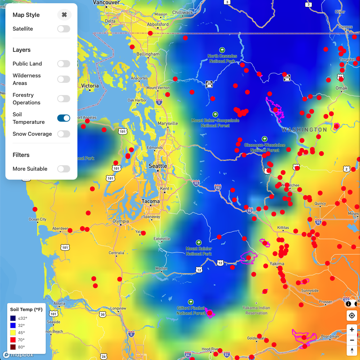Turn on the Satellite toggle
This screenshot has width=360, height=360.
pos(64,29)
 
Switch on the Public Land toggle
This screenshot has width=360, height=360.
pos(64,64)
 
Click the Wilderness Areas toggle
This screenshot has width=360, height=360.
pos(64,79)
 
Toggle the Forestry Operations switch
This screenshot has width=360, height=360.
pos(64,99)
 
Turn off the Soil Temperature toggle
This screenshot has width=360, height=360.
pos(64,118)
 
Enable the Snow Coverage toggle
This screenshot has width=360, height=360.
pos(64,134)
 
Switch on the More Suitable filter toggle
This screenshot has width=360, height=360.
pos(64,169)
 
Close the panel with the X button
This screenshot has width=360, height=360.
pos(64,15)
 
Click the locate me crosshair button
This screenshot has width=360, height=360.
pos(352,316)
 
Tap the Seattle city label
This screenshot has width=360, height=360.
pos(158,166)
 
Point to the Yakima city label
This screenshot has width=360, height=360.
pos(277,264)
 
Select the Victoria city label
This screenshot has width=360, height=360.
pos(90,86)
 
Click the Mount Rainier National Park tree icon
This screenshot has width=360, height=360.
pos(199,243)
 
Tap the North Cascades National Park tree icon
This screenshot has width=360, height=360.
pos(222,50)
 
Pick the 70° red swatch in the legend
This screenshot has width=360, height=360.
pos(13,340)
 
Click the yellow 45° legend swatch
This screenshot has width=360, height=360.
pos(13,333)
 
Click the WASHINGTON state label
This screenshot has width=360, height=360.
pos(304,130)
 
